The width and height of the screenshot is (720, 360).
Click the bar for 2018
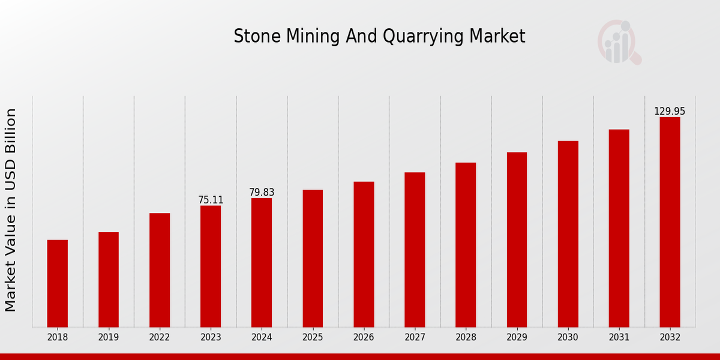pyautogui.click(x=58, y=283)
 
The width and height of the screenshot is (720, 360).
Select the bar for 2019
pyautogui.click(x=109, y=280)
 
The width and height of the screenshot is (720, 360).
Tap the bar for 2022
pyautogui.click(x=160, y=270)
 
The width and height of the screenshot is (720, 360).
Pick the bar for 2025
pyautogui.click(x=313, y=259)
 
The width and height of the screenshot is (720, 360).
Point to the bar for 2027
pyautogui.click(x=415, y=250)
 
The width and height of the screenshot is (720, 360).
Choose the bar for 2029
pyautogui.click(x=517, y=239)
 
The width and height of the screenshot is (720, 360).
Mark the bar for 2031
pyautogui.click(x=619, y=228)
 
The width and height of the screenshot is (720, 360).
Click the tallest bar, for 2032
pyautogui.click(x=670, y=222)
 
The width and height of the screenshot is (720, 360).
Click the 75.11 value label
pyautogui.click(x=211, y=200)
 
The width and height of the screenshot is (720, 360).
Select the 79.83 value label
pyautogui.click(x=262, y=192)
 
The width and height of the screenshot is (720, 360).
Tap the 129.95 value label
pyautogui.click(x=670, y=111)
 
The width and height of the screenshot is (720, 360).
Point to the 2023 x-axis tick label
pyautogui.click(x=211, y=337)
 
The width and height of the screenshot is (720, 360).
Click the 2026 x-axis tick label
pyautogui.click(x=364, y=337)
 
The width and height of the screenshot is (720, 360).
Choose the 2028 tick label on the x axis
pyautogui.click(x=466, y=337)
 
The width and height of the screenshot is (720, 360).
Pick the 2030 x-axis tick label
pyautogui.click(x=568, y=337)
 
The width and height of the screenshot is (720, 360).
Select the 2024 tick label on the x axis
pyautogui.click(x=262, y=337)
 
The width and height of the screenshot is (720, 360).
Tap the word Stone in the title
pyautogui.click(x=251, y=37)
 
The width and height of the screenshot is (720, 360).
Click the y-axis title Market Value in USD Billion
pyautogui.click(x=11, y=210)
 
